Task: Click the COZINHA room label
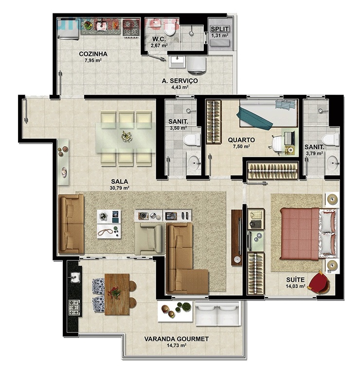click(x=93, y=54)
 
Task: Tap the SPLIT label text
click(x=220, y=29)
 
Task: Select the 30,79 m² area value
click(x=119, y=188)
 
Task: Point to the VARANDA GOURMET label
click(x=176, y=339)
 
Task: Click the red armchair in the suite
click(x=319, y=282)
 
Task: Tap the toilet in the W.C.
click(x=170, y=28)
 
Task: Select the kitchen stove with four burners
click(x=131, y=28)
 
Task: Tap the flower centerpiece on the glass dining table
click(x=126, y=136)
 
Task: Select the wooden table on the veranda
click(x=117, y=294)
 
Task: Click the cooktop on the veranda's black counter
click(x=74, y=308)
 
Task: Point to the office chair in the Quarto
click(x=277, y=144)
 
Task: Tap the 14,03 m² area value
click(x=295, y=286)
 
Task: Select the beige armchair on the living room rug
click(x=149, y=239)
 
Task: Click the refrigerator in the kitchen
click(x=68, y=29)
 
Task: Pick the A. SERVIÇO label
click(x=180, y=81)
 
